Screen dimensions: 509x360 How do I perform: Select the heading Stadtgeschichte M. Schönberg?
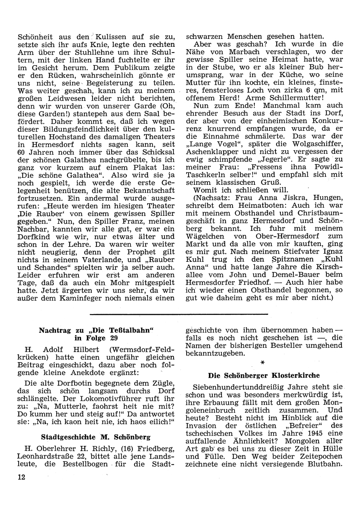pos(96,437)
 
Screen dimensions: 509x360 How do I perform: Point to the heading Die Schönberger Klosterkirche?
pos(264,375)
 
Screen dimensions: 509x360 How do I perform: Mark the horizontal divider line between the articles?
pos(179,314)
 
